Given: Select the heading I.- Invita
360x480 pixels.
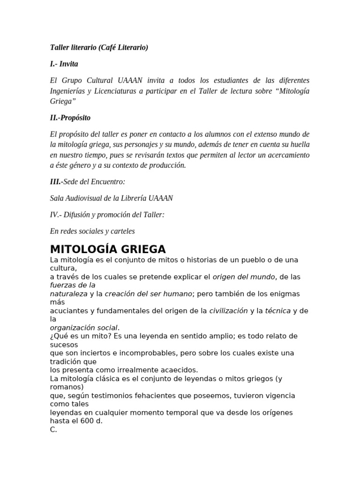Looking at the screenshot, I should coord(64,64).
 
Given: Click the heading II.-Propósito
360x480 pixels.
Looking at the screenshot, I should coord(70,117).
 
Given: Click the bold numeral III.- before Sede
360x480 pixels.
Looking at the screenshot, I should coord(56,181).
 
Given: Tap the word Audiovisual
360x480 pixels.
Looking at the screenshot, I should coord(87,198).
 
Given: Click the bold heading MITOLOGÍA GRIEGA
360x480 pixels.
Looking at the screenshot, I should coord(108,248).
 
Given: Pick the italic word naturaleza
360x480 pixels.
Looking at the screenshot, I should coord(68,293).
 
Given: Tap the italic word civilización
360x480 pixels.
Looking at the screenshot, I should coord(228,310).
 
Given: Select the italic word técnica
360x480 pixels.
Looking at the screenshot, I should coord(278,310).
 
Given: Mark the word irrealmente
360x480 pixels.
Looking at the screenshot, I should coord(130,369).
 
